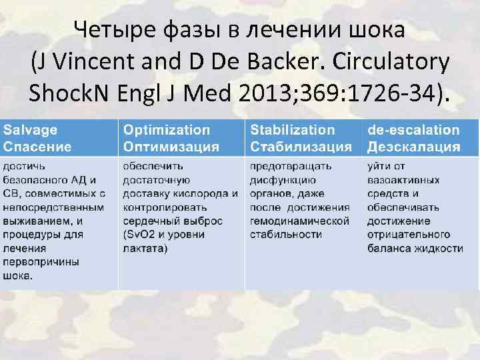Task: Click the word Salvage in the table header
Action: (31, 130)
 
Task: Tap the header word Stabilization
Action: (293, 130)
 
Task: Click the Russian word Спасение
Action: (37, 146)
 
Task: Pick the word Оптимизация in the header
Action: (171, 146)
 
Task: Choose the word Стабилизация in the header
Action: (301, 146)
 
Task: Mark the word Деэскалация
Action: (413, 146)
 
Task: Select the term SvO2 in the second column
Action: (143, 235)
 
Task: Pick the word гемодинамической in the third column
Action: (299, 221)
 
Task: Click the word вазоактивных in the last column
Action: (403, 179)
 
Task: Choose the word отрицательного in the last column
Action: (409, 235)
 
